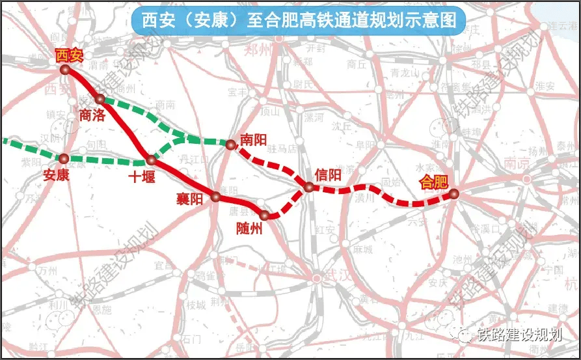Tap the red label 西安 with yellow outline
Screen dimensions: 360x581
pyautogui.click(x=70, y=55)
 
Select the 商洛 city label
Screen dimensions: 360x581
pyautogui.click(x=92, y=115)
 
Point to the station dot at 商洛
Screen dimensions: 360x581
pyautogui.click(x=100, y=99)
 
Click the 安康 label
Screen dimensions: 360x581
pyautogui.click(x=56, y=174)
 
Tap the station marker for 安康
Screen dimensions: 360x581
pyautogui.click(x=64, y=158)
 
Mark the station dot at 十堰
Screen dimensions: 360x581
pyautogui.click(x=151, y=159)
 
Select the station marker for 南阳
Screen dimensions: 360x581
pyautogui.click(x=230, y=145)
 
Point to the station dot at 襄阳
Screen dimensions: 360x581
pyautogui.click(x=216, y=195)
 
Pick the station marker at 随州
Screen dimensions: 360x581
pyautogui.click(x=264, y=215)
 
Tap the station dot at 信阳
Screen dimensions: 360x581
pyautogui.click(x=309, y=187)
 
